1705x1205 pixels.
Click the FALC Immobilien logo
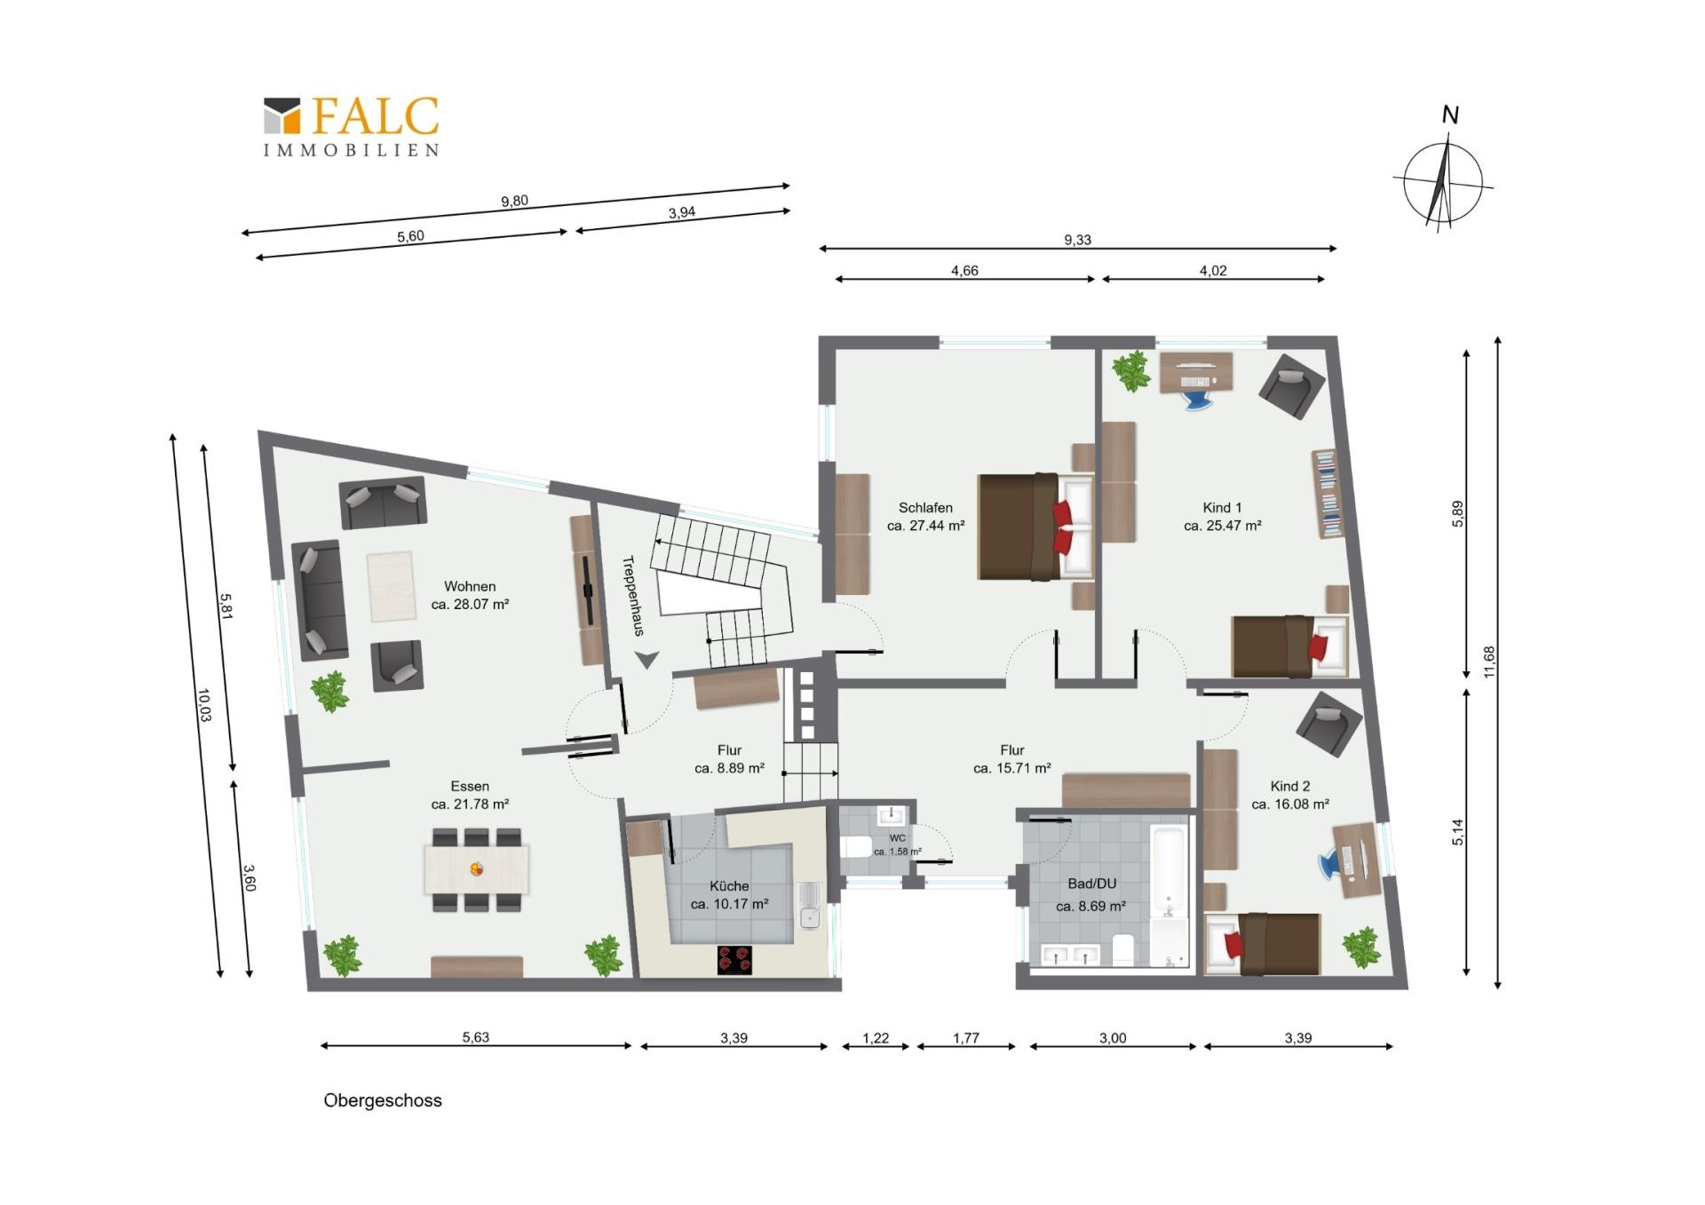click(x=352, y=127)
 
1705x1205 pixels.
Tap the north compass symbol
click(x=1444, y=173)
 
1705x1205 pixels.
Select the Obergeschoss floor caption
click(x=383, y=1100)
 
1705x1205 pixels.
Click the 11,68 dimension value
click(x=1488, y=662)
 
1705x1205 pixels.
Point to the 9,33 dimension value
click(x=1077, y=240)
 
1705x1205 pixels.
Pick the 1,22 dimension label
click(x=876, y=1038)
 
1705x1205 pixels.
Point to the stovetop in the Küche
click(x=734, y=960)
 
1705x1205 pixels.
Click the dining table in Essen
click(x=477, y=869)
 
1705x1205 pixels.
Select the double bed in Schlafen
click(x=1035, y=527)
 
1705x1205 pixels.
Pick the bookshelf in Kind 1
click(x=1328, y=494)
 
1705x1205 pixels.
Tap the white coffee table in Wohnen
click(x=392, y=587)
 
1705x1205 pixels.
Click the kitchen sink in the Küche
click(x=810, y=906)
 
